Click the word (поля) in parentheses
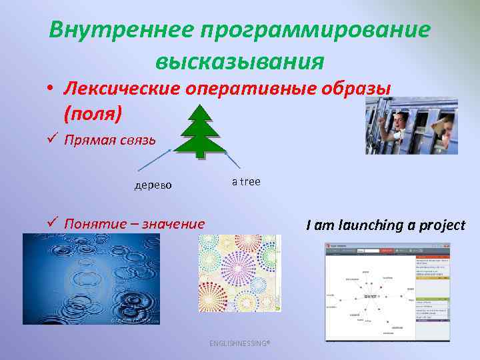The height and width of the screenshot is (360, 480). pos(93,113)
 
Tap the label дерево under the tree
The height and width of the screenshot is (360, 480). pos(153,185)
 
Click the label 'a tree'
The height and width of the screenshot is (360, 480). pos(246,181)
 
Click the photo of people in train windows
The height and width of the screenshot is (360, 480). pos(411,125)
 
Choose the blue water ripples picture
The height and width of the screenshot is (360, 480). pos(91,279)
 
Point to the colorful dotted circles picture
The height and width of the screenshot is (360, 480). pos(239,273)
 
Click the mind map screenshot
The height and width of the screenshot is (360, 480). pos(387,292)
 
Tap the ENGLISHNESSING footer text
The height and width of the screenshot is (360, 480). pos(239,343)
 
